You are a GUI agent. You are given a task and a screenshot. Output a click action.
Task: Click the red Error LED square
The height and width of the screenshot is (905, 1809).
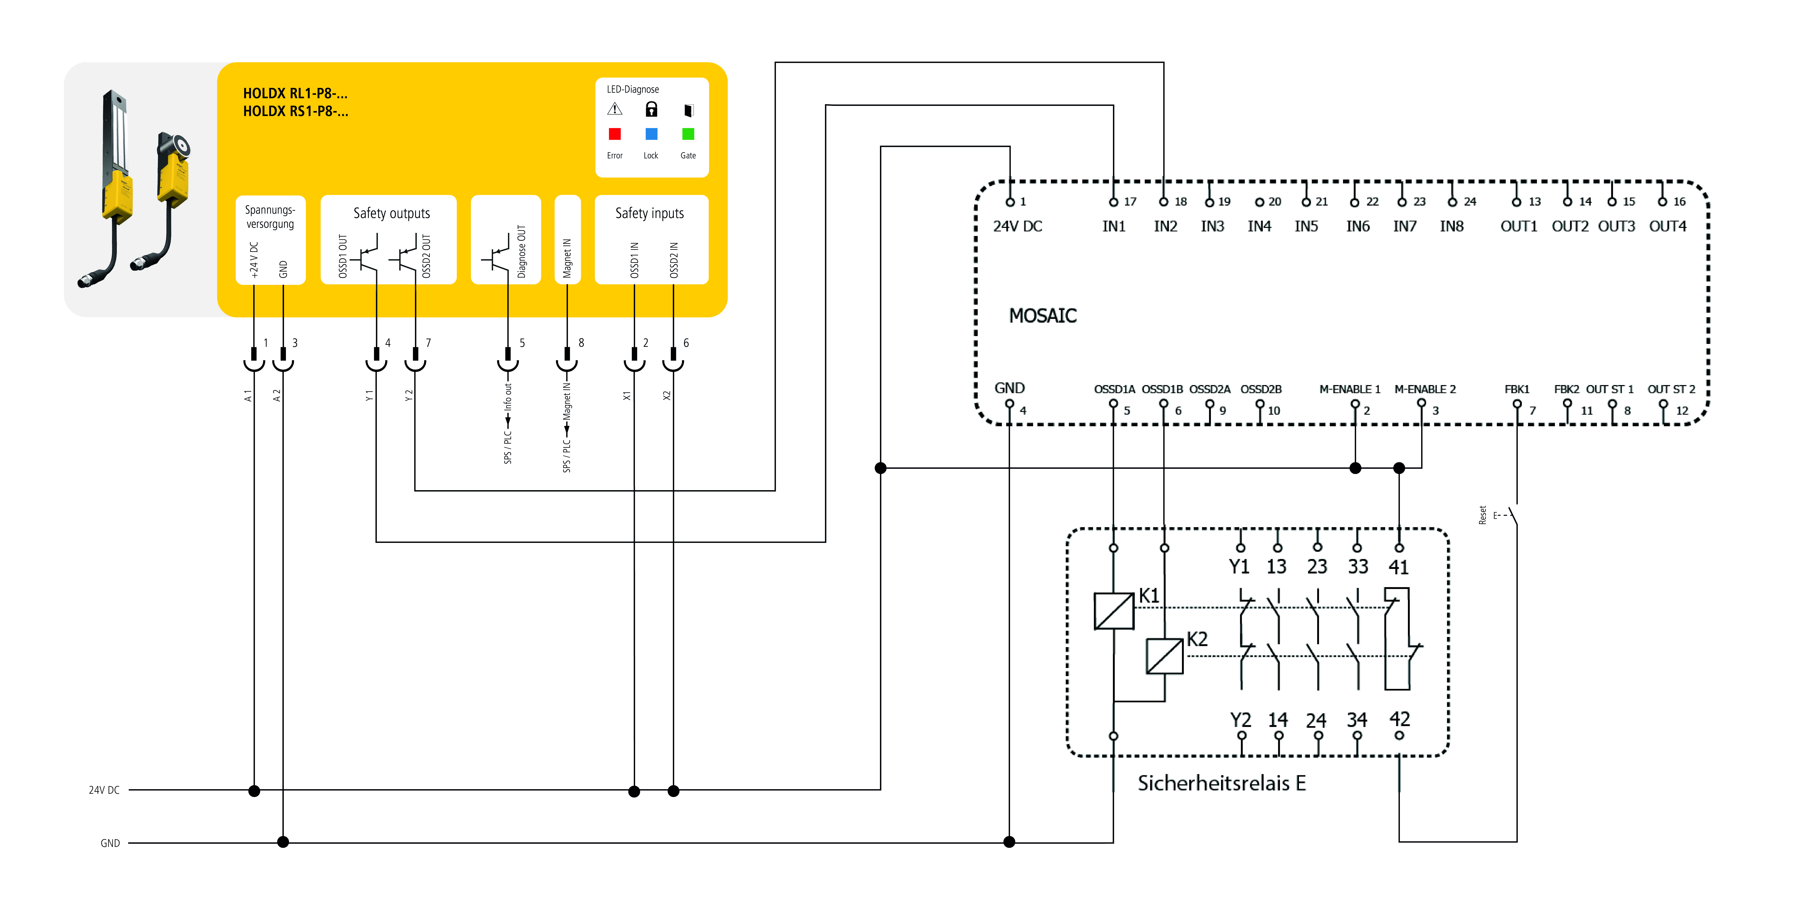coord(614,134)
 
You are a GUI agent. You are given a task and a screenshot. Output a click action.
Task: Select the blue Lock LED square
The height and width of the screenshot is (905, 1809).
coord(651,134)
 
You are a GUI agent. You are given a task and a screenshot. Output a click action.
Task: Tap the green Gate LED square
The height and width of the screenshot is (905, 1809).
coord(688,134)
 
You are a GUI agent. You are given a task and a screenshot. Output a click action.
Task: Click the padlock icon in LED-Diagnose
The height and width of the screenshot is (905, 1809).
coord(651,110)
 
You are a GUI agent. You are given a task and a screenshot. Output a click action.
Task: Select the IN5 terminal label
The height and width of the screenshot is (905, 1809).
coord(1306,226)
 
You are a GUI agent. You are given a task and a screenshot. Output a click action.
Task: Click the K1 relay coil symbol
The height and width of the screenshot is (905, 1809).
coord(1114,611)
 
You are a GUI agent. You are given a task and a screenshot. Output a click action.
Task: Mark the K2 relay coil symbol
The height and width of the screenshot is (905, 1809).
coord(1164,656)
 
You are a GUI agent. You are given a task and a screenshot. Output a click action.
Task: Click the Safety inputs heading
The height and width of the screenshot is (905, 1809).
coord(650,213)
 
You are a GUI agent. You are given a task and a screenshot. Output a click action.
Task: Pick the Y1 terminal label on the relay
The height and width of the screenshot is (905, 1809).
coord(1239,566)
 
